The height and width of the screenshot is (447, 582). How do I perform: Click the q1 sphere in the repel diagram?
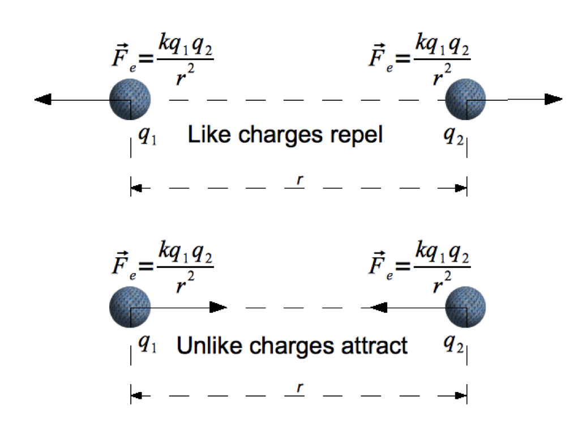pyautogui.click(x=130, y=100)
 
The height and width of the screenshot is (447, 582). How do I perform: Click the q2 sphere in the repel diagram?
pyautogui.click(x=465, y=100)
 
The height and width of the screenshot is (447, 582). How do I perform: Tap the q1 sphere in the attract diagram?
pyautogui.click(x=130, y=308)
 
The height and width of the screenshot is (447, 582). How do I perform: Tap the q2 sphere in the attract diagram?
pyautogui.click(x=465, y=308)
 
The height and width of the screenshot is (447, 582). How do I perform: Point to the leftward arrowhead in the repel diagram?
pyautogui.click(x=43, y=100)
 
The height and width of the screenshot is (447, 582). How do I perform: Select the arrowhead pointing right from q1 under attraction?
pyautogui.click(x=218, y=308)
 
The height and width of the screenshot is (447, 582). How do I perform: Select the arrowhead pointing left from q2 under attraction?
pyautogui.click(x=378, y=308)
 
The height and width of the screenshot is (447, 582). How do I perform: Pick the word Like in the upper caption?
pyautogui.click(x=206, y=135)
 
